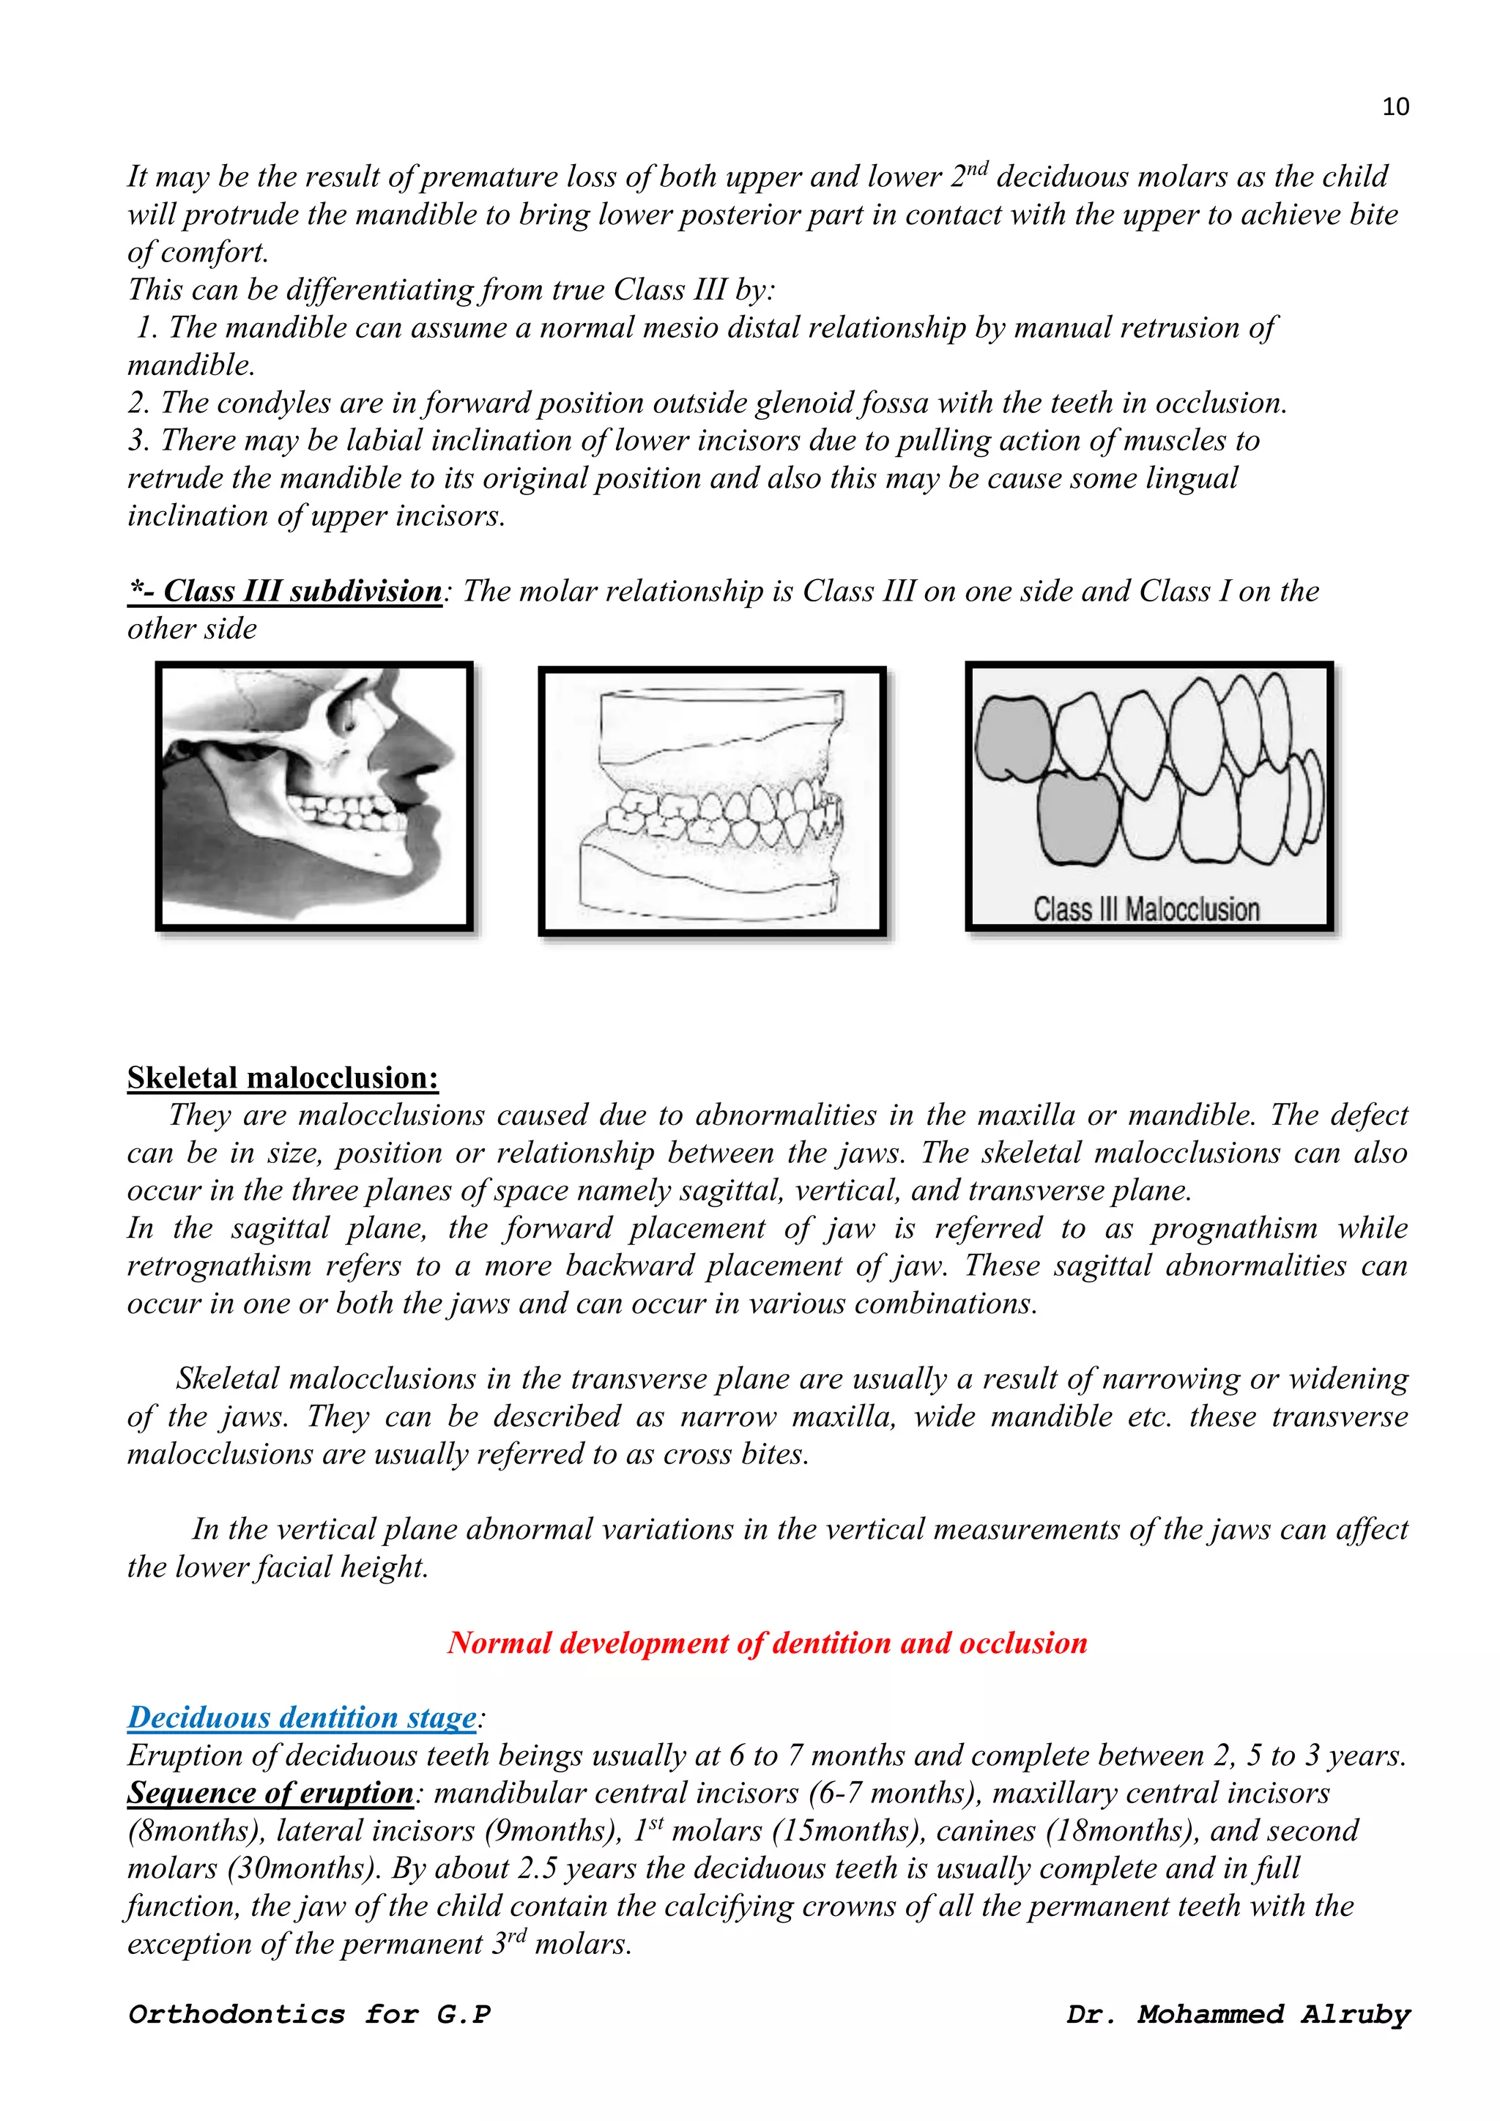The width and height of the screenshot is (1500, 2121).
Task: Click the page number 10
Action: click(x=1395, y=107)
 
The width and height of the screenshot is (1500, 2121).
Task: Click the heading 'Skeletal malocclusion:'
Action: click(x=283, y=1077)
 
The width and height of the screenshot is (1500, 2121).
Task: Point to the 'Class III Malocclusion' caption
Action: click(x=1146, y=909)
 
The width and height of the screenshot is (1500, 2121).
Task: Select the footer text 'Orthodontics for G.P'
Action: click(x=309, y=2014)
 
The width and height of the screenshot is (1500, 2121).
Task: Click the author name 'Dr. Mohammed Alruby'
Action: click(x=1238, y=2014)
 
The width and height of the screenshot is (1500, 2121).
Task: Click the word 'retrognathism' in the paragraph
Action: click(x=219, y=1266)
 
